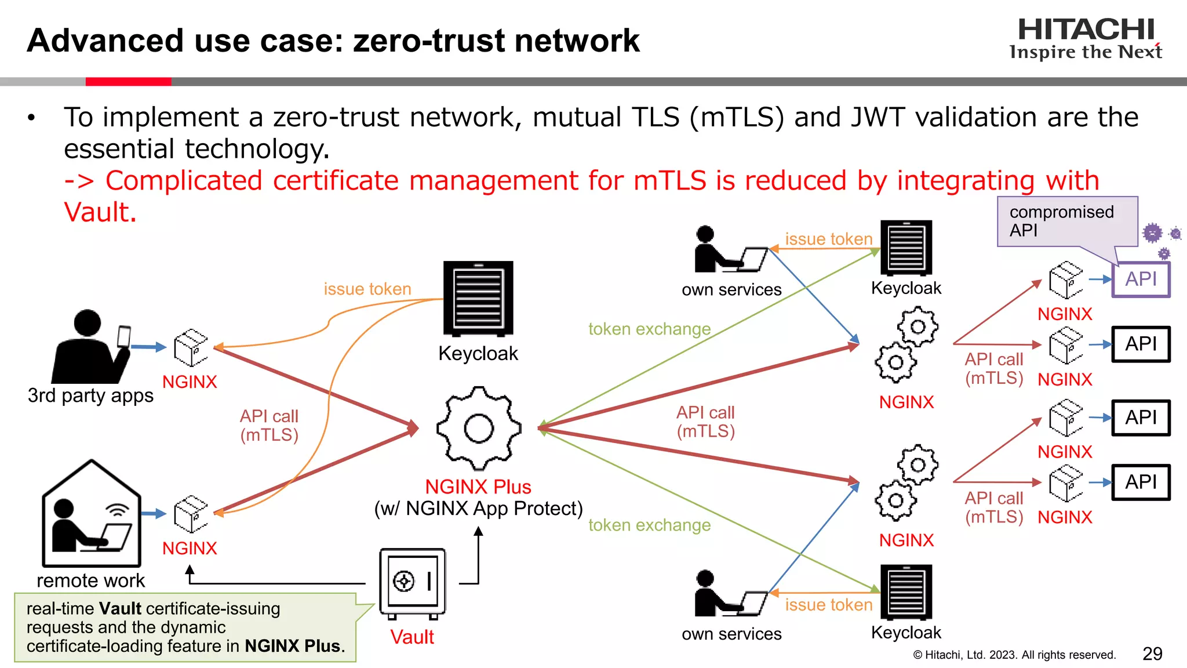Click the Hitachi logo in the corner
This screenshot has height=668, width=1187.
(1086, 38)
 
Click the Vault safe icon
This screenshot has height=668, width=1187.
(412, 583)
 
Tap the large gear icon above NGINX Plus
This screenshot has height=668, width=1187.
(479, 429)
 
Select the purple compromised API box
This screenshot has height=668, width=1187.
(1141, 279)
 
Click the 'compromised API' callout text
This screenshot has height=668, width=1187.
(1061, 221)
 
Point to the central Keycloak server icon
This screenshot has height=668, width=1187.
(478, 299)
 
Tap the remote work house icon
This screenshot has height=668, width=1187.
(91, 515)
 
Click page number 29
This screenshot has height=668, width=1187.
(1152, 654)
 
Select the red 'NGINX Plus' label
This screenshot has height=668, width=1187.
(478, 487)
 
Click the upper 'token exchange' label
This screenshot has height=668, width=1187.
(649, 329)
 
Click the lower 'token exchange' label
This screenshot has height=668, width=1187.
(649, 525)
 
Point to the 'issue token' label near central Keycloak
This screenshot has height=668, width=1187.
(367, 289)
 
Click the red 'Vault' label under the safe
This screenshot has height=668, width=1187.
(412, 637)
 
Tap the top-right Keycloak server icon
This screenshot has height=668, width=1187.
(906, 248)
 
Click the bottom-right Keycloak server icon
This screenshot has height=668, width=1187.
(906, 592)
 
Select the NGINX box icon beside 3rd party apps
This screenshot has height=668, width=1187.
(191, 348)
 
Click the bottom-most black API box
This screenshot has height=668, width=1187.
(1141, 482)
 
